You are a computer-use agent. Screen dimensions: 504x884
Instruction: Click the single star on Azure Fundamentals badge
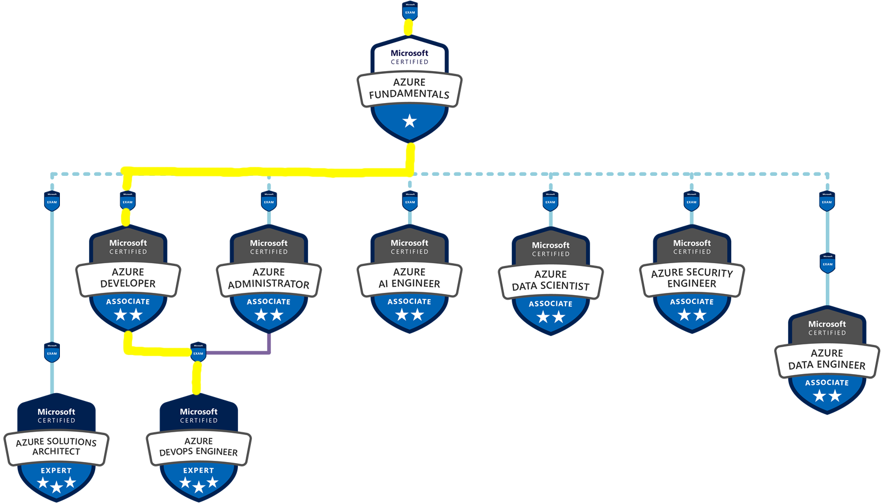(409, 121)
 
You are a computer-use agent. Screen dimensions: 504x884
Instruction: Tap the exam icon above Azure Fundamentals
(410, 11)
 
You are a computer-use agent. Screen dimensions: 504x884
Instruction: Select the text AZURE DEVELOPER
(128, 278)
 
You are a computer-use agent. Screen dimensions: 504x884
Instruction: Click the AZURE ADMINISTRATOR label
(269, 278)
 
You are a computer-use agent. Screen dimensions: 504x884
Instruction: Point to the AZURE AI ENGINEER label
(409, 278)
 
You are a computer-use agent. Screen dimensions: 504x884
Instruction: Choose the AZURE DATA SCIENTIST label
(550, 280)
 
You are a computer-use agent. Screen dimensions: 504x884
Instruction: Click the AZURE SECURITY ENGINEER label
(691, 278)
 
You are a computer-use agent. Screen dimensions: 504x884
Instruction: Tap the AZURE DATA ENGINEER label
(827, 359)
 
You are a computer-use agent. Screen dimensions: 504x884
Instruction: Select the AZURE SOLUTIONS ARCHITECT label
(56, 446)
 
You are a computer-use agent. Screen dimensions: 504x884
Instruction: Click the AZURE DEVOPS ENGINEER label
(198, 446)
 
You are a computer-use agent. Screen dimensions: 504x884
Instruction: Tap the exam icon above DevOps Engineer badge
(198, 352)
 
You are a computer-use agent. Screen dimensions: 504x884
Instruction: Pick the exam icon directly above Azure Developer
(128, 201)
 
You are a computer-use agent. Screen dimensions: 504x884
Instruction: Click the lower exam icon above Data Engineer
(827, 263)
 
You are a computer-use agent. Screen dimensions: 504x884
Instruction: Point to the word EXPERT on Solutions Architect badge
(56, 470)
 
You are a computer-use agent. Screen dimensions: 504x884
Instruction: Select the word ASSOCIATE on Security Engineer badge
(691, 301)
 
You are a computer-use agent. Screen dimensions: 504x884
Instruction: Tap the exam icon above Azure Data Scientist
(550, 201)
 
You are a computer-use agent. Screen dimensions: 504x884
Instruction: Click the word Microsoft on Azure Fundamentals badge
(409, 53)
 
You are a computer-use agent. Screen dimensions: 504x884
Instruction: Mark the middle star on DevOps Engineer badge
(199, 487)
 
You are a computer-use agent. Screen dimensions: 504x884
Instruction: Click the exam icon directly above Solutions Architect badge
(52, 352)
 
